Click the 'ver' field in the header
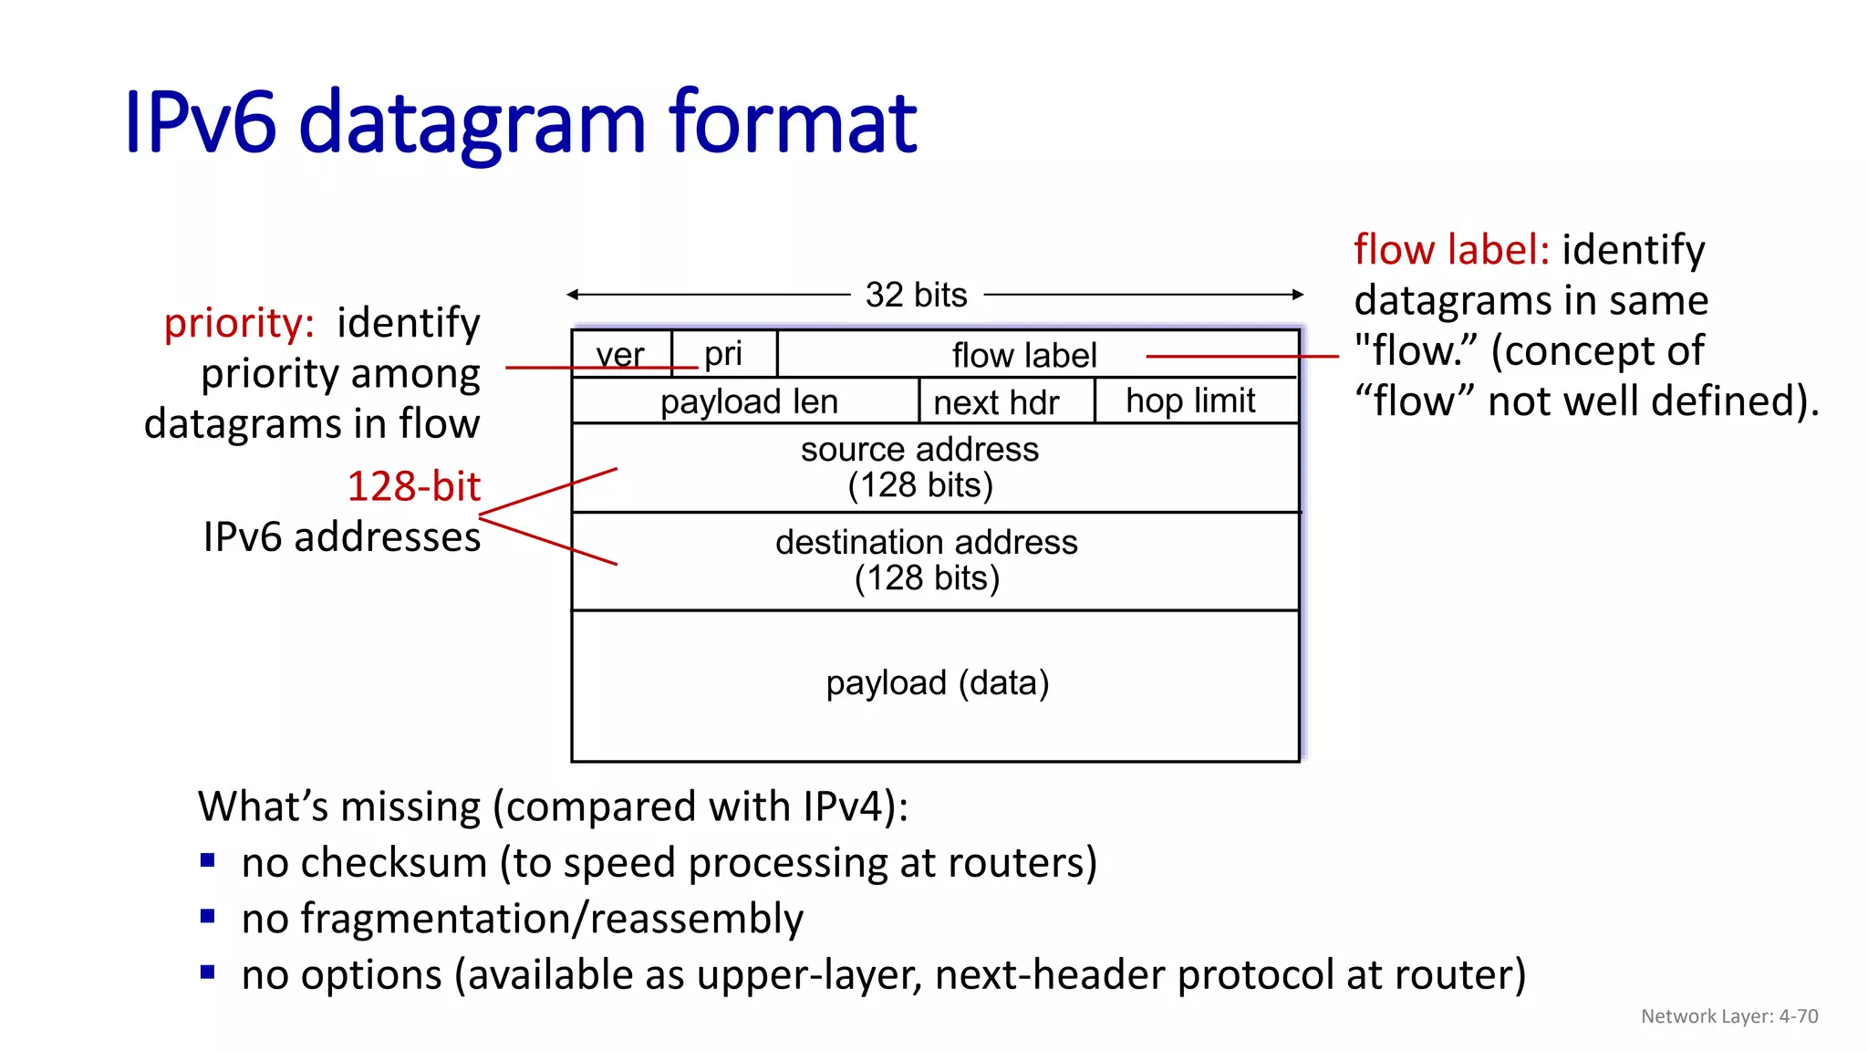pyautogui.click(x=620, y=354)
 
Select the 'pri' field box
pyautogui.click(x=723, y=354)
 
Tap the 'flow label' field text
pyautogui.click(x=1023, y=355)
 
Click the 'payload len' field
pyautogui.click(x=748, y=401)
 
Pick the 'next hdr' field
pyautogui.click(x=996, y=402)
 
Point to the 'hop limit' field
pyautogui.click(x=1190, y=401)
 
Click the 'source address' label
pyautogui.click(x=919, y=449)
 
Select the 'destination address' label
pyautogui.click(x=926, y=542)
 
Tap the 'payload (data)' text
pyautogui.click(x=937, y=682)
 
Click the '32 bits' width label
pyautogui.click(x=916, y=295)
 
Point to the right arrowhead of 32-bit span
pyautogui.click(x=1298, y=294)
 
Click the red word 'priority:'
pyautogui.click(x=239, y=323)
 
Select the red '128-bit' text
pyautogui.click(x=413, y=486)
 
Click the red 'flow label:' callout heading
pyautogui.click(x=1450, y=249)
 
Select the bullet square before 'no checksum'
pyautogui.click(x=208, y=859)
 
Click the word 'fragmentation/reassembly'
pyautogui.click(x=552, y=919)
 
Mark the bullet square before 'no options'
pyautogui.click(x=208, y=972)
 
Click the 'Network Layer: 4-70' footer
pyautogui.click(x=1728, y=1016)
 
